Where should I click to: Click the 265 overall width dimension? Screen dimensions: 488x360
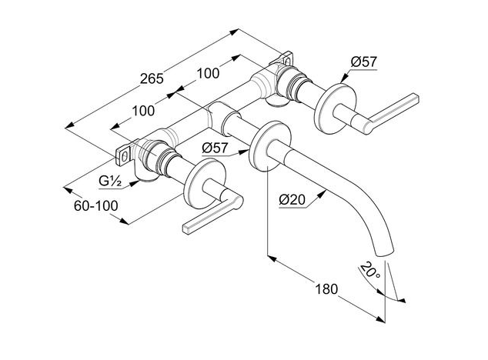pos(152,78)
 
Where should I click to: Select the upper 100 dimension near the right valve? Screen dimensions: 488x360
pos(208,73)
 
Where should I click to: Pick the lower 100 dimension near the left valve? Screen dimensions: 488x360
pos(143,111)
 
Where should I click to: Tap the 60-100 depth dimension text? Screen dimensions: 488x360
pos(96,205)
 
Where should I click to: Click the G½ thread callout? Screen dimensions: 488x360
pos(110,182)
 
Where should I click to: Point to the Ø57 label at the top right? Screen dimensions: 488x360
pos(363,62)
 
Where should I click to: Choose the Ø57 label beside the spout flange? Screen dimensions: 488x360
pos(215,148)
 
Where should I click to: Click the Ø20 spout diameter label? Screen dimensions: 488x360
pos(292,199)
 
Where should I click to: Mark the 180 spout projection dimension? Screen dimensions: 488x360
pos(326,289)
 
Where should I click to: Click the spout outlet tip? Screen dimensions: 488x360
pos(386,252)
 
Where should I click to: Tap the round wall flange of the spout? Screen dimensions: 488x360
pos(270,145)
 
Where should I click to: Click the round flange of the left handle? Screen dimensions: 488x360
pos(205,184)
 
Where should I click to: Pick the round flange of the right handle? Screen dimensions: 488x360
pos(336,108)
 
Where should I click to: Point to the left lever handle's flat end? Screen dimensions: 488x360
pos(186,229)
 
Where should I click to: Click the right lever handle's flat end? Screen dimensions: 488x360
pos(416,97)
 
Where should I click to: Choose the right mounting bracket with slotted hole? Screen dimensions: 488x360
pos(286,59)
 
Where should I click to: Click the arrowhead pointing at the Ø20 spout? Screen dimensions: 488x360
pos(322,194)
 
